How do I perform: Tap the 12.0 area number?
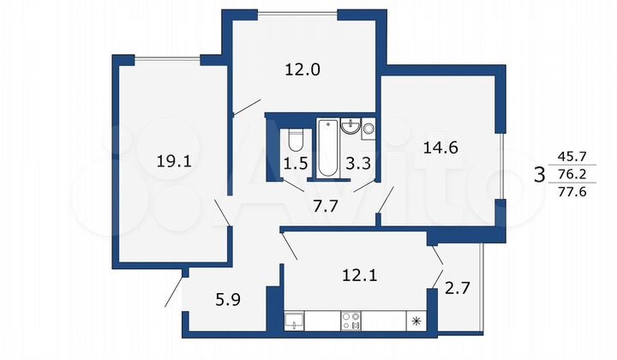pyautogui.click(x=302, y=71)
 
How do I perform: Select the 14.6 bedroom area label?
pyautogui.click(x=441, y=147)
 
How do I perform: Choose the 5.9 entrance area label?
pyautogui.click(x=226, y=301)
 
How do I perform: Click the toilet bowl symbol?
pyautogui.click(x=296, y=137)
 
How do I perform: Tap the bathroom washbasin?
pyautogui.click(x=350, y=128)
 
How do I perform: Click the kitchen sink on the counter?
pyautogui.click(x=294, y=322)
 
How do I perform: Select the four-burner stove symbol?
pyautogui.click(x=351, y=322)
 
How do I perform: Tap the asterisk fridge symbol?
pyautogui.click(x=417, y=322)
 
